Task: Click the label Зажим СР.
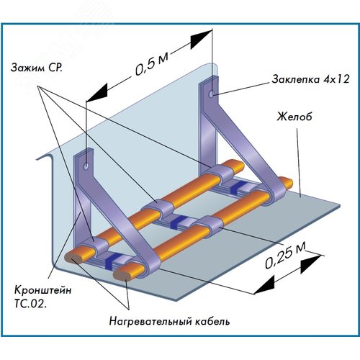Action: coord(36,68)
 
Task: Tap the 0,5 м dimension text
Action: coord(151,63)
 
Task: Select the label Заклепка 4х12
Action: coord(310,79)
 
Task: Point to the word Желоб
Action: coord(294,117)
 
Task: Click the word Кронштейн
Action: coord(42,290)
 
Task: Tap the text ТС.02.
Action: coord(30,304)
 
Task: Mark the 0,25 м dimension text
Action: coord(285,255)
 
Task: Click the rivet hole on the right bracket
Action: coord(212,94)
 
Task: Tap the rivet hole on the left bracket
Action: coord(86,166)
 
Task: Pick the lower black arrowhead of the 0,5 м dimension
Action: coord(96,92)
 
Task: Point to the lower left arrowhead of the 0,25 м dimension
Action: coord(264,285)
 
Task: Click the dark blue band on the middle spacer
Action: coord(176,222)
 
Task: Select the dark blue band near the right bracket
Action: coord(237,186)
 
